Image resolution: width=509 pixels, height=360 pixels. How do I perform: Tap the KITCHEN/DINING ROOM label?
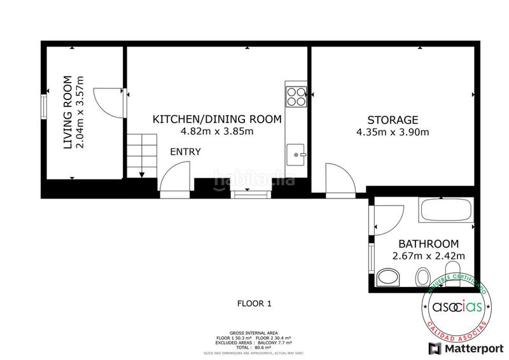tap(217, 119)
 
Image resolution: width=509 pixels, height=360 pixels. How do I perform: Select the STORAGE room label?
tap(393, 120)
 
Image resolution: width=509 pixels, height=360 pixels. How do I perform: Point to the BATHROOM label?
tap(428, 244)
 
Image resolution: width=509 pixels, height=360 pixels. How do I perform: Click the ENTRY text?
tap(186, 151)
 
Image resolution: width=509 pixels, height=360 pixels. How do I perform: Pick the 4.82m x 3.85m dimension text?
tap(217, 132)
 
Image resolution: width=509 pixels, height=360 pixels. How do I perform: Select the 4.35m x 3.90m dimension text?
tap(393, 132)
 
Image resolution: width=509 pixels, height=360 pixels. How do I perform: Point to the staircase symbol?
tap(141, 155)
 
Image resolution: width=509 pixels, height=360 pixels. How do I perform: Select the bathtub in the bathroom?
tap(445, 210)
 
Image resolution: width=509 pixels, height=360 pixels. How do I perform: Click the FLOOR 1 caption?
tap(254, 304)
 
